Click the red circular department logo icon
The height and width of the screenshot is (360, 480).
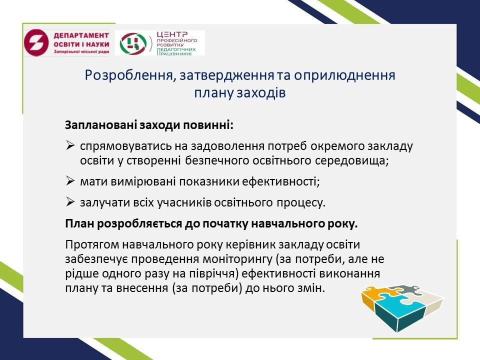[36, 42]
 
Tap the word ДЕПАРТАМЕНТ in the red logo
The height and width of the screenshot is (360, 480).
[81, 35]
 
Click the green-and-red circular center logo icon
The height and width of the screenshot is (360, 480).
[133, 43]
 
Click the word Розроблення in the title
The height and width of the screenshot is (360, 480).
[128, 75]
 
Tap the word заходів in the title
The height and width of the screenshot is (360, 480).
[261, 92]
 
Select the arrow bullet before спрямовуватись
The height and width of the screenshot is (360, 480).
[70, 145]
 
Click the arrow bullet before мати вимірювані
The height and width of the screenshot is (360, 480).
[70, 181]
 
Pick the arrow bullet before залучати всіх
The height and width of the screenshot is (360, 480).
[70, 201]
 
